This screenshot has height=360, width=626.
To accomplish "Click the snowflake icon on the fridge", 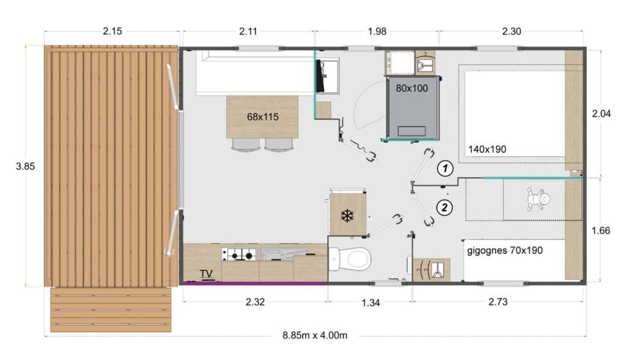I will (x=347, y=216).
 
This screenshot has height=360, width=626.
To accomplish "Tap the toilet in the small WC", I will (x=352, y=259).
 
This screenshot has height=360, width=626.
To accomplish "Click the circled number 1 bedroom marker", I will (x=446, y=167).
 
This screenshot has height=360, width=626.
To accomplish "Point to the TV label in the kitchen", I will (x=207, y=274).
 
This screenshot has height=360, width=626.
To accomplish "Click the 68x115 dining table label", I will (x=263, y=116).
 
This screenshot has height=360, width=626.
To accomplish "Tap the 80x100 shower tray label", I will (x=412, y=88).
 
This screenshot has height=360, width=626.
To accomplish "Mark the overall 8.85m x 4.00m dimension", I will (x=315, y=335).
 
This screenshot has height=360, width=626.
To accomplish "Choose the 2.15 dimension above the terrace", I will (x=111, y=31).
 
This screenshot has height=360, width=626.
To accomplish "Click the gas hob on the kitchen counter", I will (x=239, y=254).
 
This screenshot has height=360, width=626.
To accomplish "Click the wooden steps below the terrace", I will (x=111, y=309).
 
